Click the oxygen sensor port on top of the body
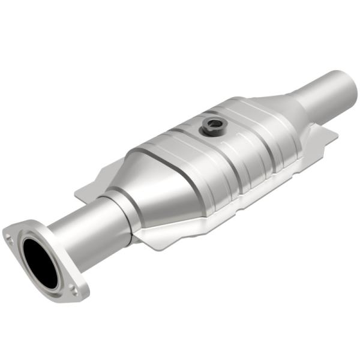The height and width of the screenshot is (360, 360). point(212,125)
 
